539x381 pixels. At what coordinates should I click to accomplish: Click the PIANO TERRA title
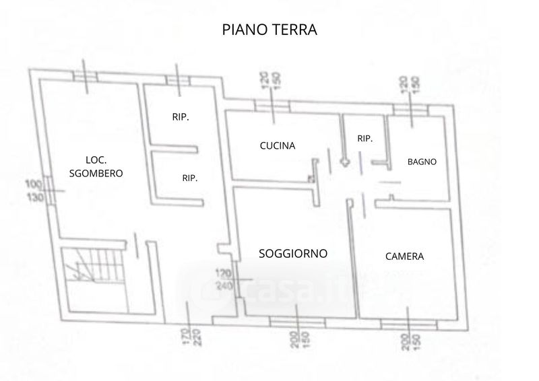coord(269,30)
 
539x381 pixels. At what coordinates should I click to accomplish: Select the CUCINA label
coord(278,145)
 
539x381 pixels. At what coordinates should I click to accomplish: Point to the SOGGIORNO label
coord(293,254)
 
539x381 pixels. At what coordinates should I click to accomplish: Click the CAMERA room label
coord(404,256)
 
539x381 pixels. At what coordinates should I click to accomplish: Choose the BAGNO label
coord(422,162)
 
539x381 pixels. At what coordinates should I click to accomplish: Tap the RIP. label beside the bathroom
coord(365,138)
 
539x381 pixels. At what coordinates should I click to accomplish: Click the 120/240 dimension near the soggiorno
coord(224,279)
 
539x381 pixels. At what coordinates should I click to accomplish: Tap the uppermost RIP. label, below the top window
coord(180,117)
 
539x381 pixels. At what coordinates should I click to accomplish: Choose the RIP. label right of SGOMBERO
coord(190,178)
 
